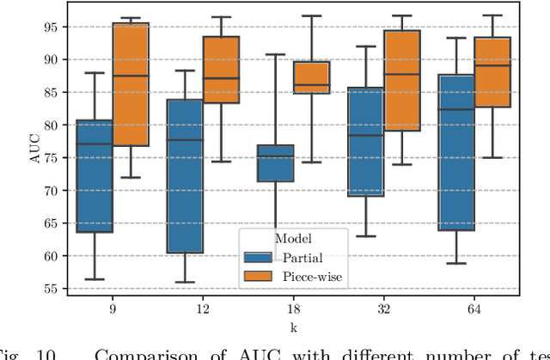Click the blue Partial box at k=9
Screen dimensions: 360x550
click(94, 176)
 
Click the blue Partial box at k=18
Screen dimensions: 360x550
click(275, 163)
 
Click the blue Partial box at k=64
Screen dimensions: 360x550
click(455, 152)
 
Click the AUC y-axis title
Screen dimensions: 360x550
click(25, 157)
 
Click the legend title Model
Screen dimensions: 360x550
click(293, 238)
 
